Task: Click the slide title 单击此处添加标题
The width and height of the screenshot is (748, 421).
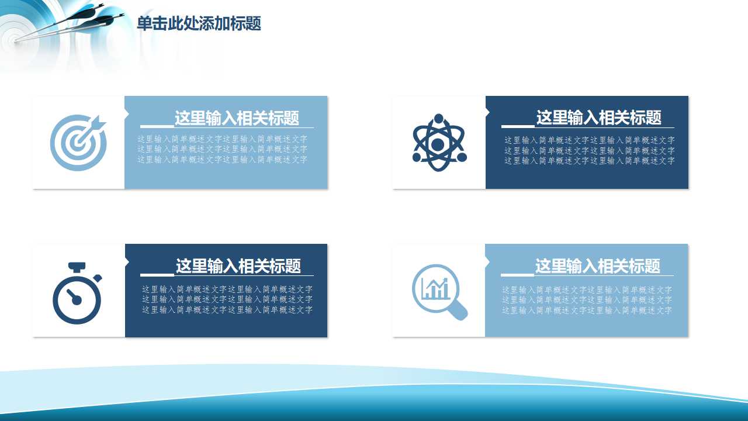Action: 199,24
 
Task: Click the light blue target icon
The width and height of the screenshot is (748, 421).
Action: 78,142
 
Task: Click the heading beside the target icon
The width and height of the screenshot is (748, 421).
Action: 237,118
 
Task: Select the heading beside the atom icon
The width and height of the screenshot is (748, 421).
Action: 598,118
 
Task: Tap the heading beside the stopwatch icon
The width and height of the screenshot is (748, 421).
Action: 238,266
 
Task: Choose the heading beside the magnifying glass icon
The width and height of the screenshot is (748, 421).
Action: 597,266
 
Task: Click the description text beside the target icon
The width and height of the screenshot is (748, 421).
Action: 223,149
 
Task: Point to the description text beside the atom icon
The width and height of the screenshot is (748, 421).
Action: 590,150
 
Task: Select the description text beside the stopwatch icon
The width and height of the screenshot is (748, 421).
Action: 227,299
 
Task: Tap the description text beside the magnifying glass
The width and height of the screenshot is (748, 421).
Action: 587,299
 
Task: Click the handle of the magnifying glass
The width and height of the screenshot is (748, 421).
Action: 460,312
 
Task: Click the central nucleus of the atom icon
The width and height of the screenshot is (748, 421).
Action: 438,144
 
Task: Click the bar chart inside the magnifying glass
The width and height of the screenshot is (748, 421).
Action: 435,288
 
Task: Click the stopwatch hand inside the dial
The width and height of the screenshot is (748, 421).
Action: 73,296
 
